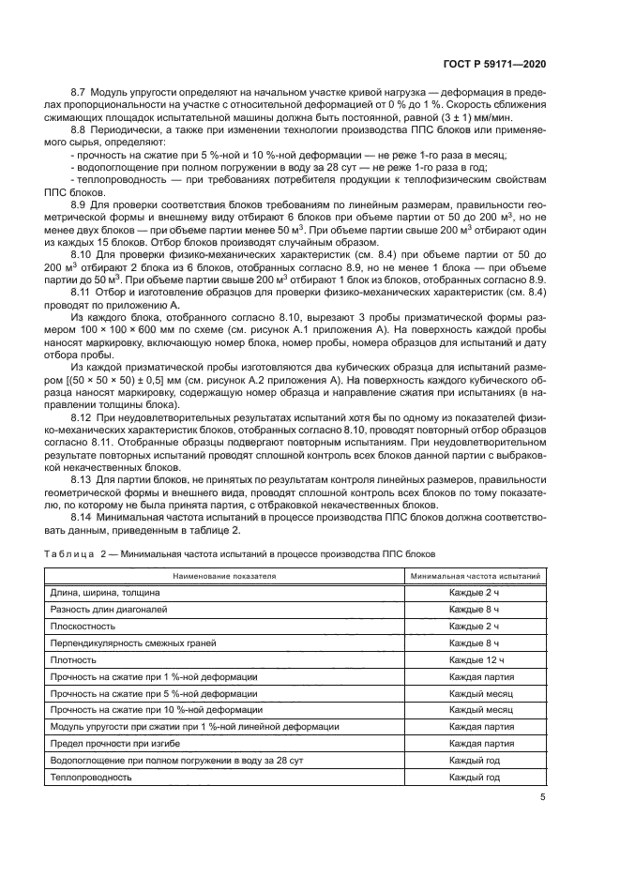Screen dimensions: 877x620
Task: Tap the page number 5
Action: (543, 797)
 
